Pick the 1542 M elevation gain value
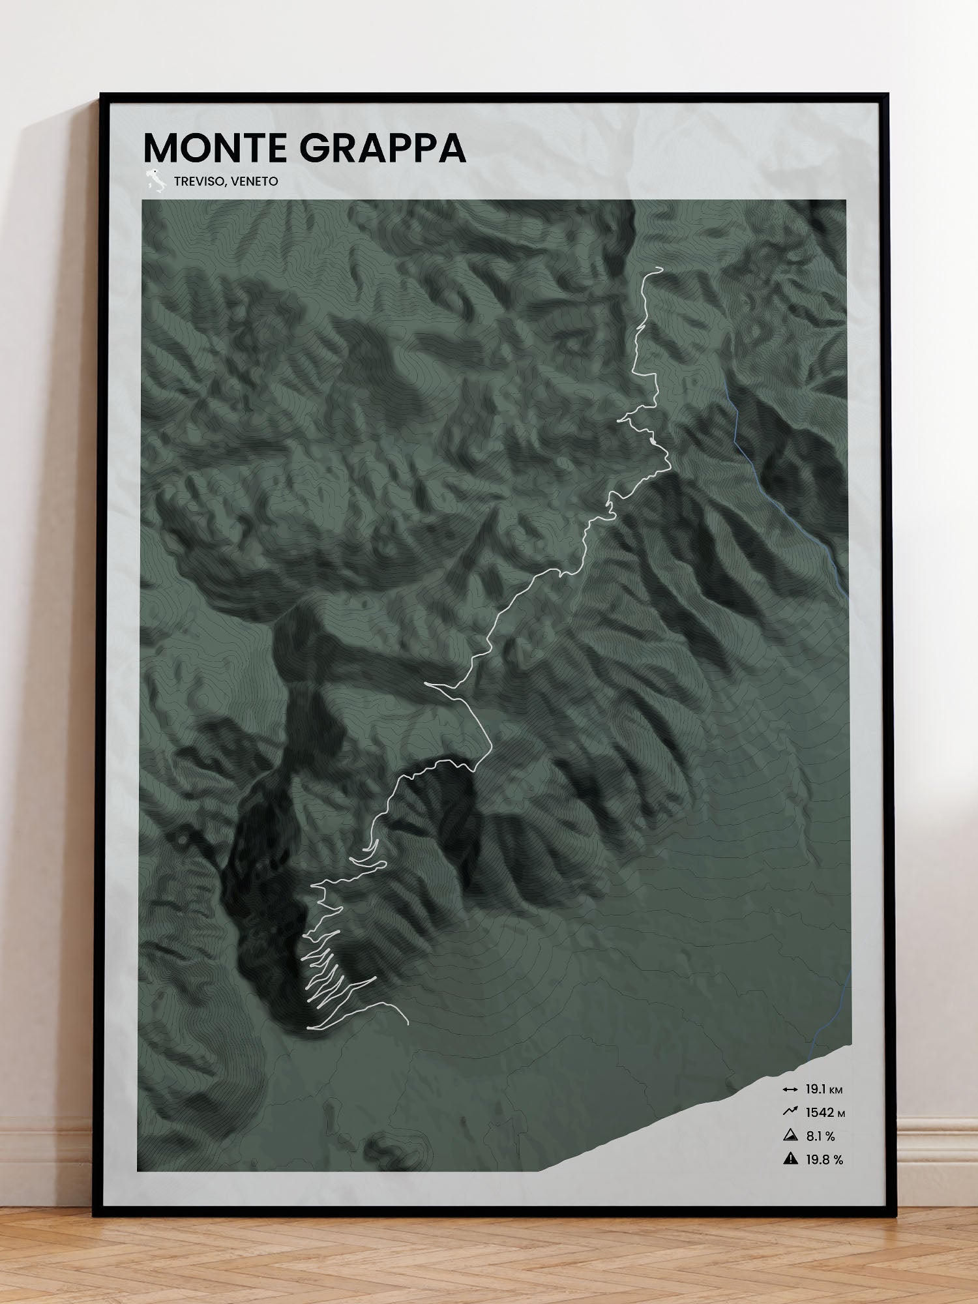825,1113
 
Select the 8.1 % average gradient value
820,1136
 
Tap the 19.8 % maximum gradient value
824,1160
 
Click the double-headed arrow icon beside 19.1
790,1089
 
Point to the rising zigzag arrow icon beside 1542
790,1112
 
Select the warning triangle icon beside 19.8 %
790,1159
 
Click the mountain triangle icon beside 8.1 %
790,1136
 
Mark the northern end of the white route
661,268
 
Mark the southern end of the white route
408,1024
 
